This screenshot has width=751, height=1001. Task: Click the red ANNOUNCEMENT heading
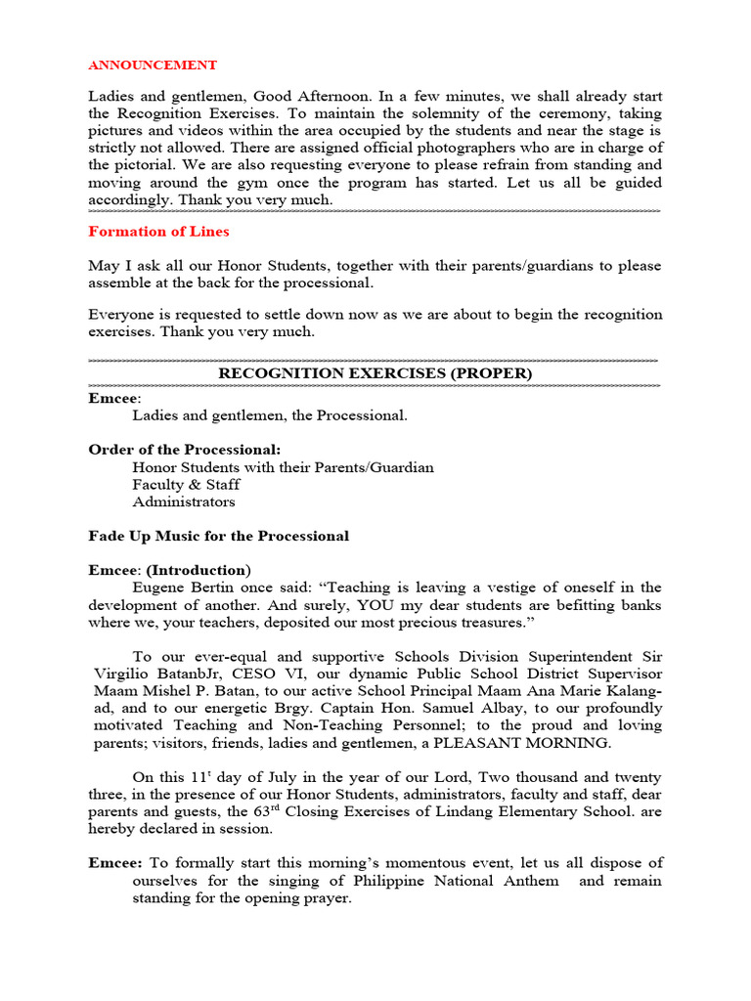click(153, 65)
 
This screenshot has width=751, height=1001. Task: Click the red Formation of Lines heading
click(158, 232)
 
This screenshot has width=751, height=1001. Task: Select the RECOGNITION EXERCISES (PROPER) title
click(375, 373)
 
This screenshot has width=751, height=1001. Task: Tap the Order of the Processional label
click(185, 450)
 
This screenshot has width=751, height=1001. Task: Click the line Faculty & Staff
click(186, 485)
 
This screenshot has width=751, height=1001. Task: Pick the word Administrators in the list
click(184, 502)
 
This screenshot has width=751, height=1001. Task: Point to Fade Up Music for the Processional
click(218, 536)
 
